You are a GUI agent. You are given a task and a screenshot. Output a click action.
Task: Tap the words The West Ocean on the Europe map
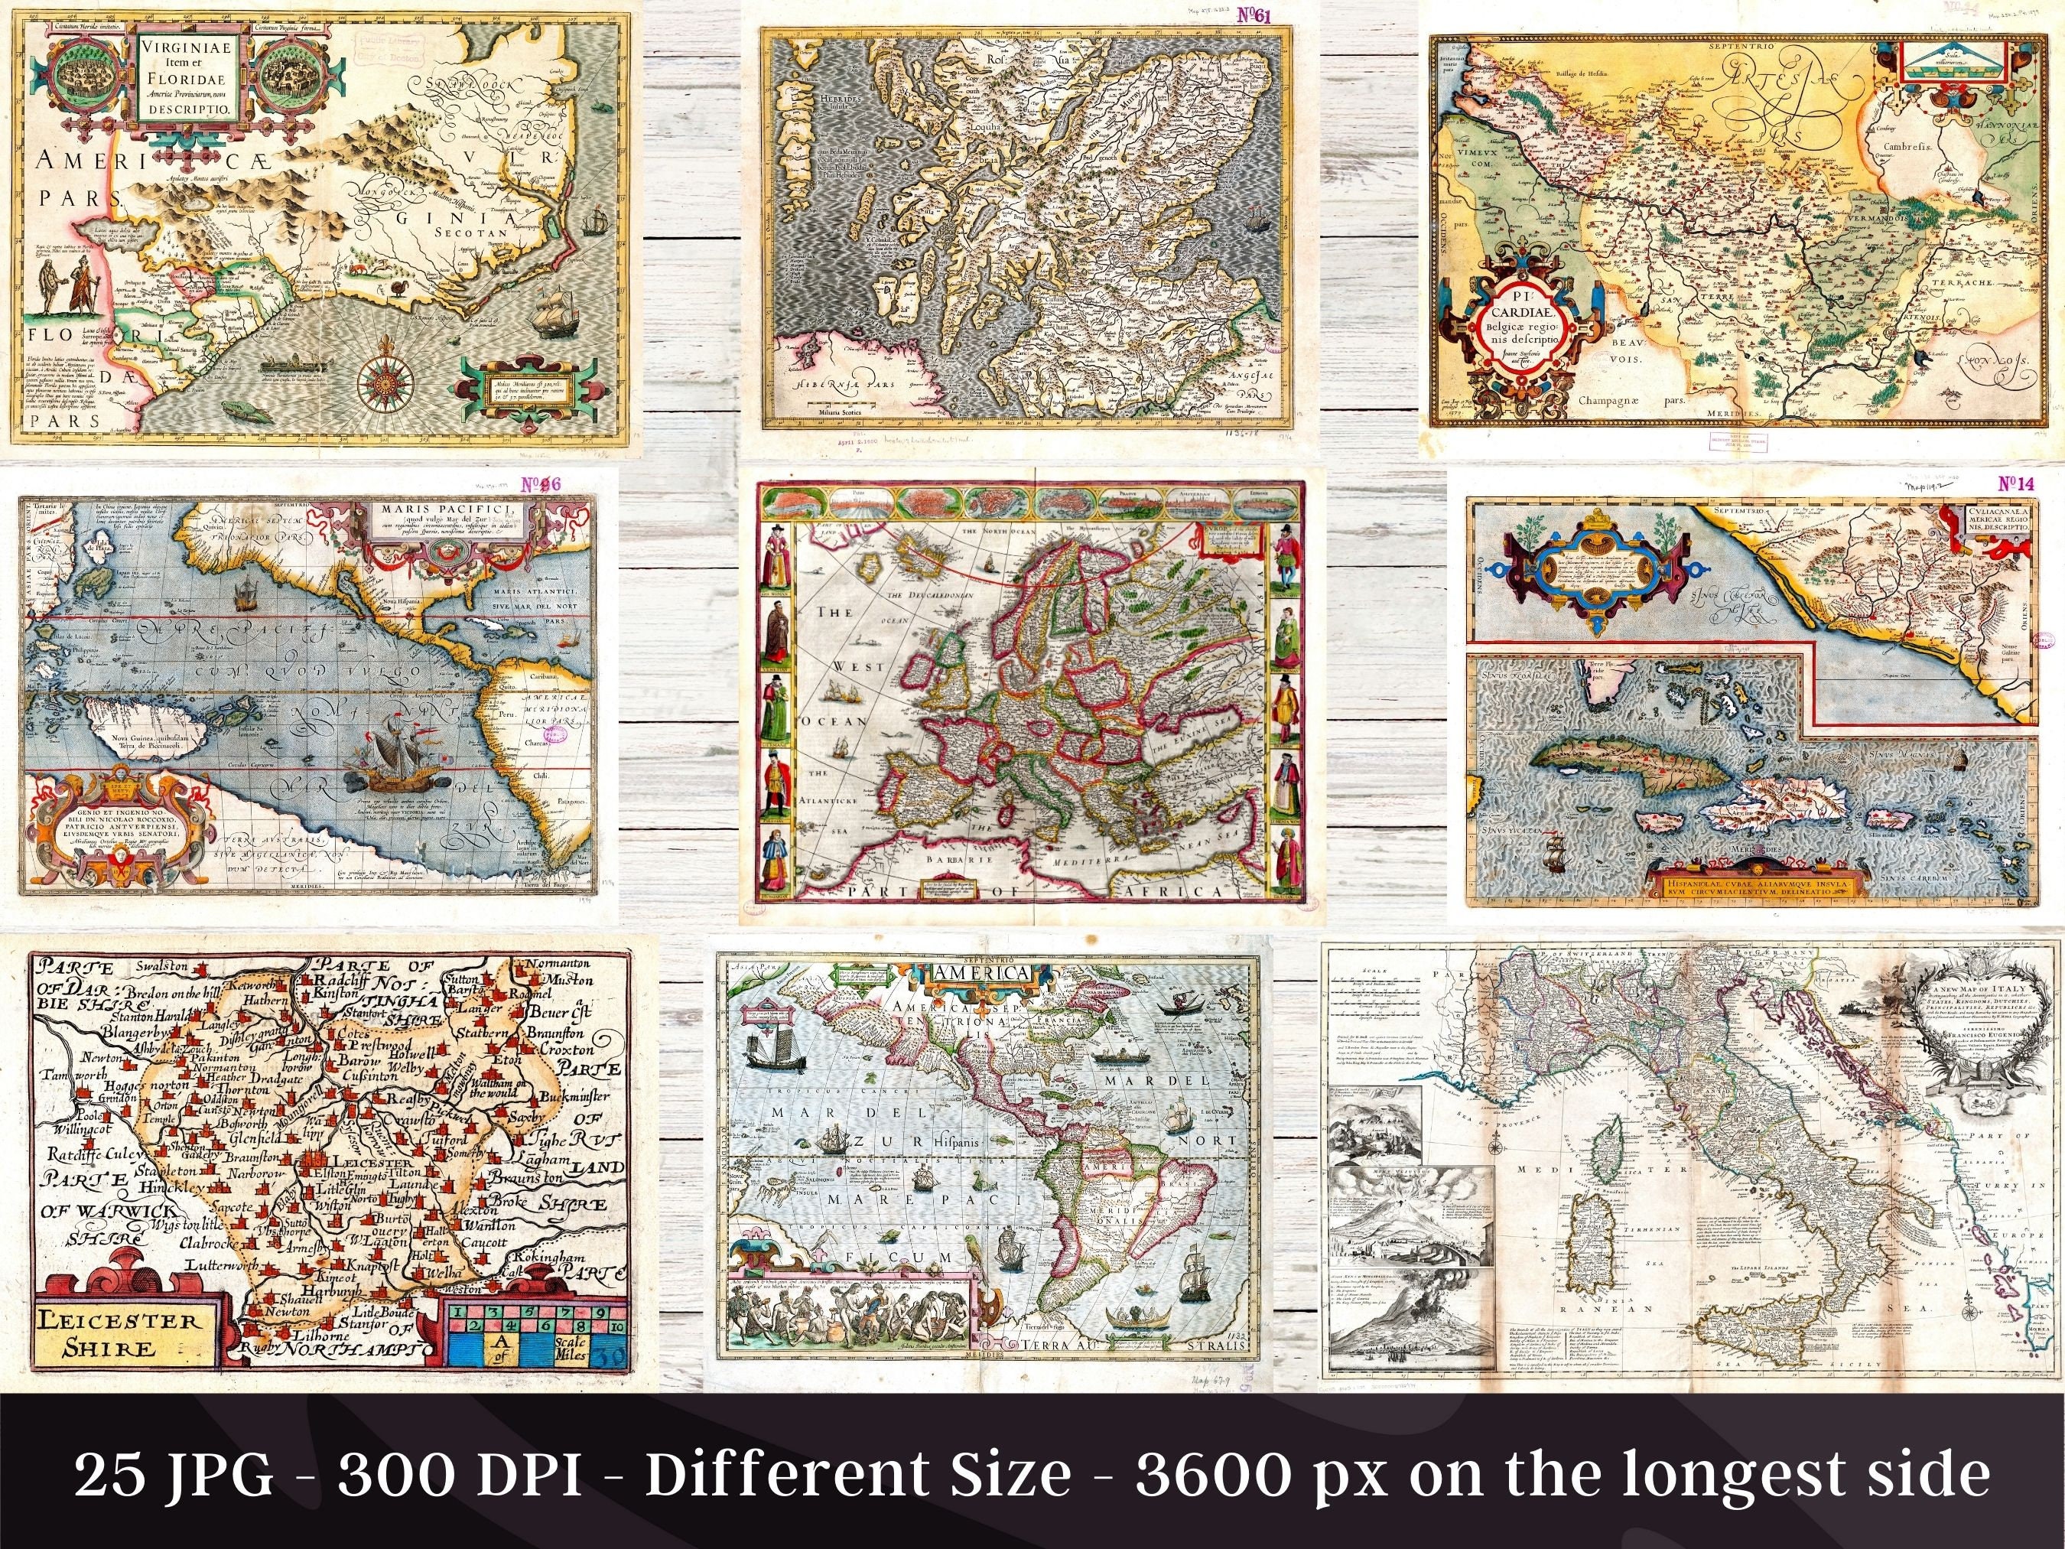tap(837, 669)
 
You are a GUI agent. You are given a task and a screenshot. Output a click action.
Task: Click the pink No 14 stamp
tap(2015, 484)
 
